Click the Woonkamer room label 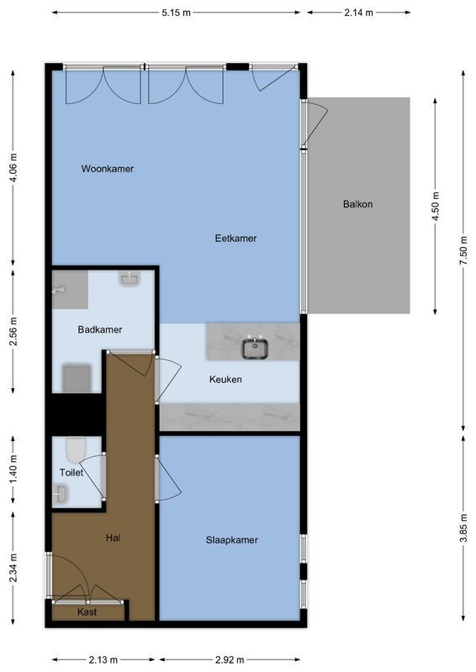(107, 169)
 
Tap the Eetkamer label (235, 239)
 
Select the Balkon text (357, 204)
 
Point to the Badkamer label (100, 330)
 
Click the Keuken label (225, 380)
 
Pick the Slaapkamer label (231, 540)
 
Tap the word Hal (113, 538)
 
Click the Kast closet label (87, 612)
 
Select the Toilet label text (71, 473)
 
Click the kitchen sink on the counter (254, 346)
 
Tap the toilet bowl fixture (75, 449)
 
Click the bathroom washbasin (130, 278)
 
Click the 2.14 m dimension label (359, 13)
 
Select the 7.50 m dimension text (462, 251)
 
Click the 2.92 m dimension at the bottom (230, 659)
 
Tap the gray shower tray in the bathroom (69, 287)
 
